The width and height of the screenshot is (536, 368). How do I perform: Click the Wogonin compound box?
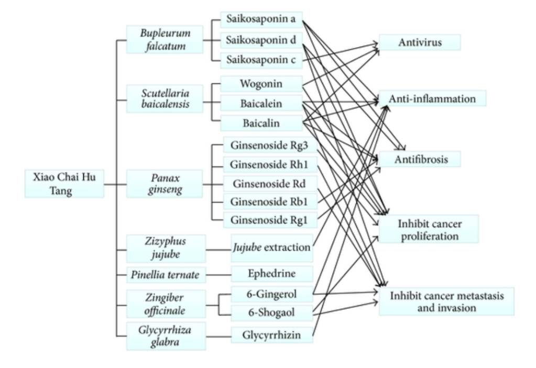[x=261, y=84]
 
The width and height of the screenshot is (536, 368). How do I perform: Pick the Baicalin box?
[x=261, y=124]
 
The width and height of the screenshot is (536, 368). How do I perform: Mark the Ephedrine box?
[x=272, y=274]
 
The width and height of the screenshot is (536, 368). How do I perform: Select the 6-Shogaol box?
[x=272, y=313]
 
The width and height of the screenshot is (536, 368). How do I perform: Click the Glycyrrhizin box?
[x=272, y=334]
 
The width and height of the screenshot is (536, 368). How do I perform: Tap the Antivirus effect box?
[x=419, y=42]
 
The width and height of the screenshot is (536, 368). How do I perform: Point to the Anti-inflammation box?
[x=432, y=98]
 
